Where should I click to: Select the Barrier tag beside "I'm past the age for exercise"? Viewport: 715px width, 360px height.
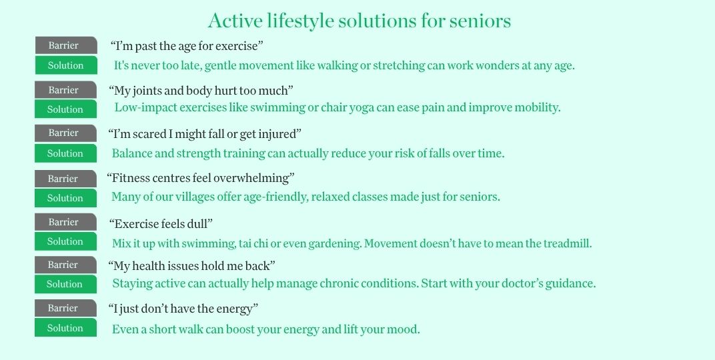click(65, 45)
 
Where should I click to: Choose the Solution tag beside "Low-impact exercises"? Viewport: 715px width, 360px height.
click(65, 109)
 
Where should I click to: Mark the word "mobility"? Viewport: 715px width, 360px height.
click(536, 107)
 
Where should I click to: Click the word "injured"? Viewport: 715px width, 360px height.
click(279, 134)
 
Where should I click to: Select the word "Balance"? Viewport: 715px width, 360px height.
click(132, 153)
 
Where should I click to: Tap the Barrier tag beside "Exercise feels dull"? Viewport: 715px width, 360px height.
click(65, 222)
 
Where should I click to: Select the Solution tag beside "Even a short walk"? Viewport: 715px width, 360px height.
click(65, 328)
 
